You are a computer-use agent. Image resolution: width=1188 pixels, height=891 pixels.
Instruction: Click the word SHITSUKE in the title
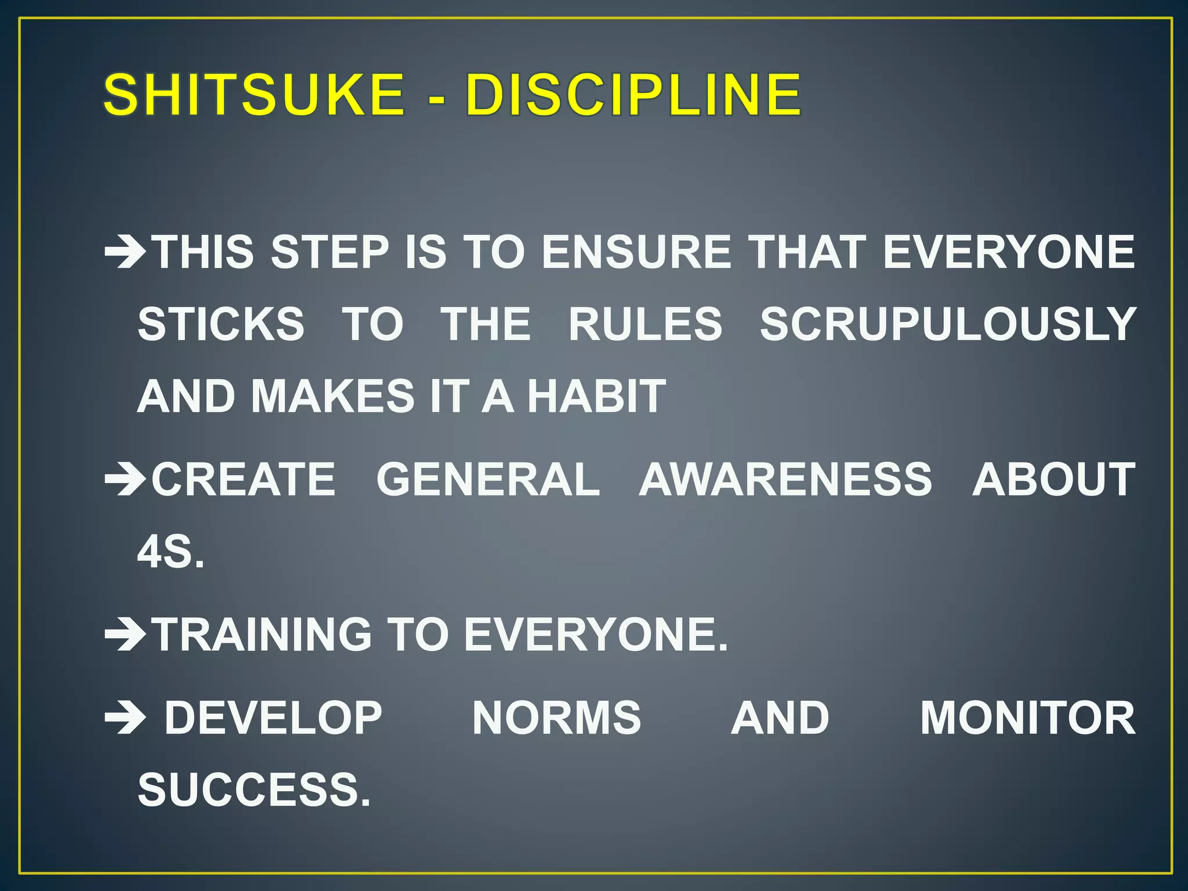(x=254, y=95)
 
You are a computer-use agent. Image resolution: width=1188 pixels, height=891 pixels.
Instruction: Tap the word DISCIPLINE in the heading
(x=633, y=95)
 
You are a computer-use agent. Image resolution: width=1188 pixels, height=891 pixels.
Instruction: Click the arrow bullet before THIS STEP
(x=125, y=253)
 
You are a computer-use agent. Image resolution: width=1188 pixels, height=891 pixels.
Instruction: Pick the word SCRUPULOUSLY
(x=948, y=324)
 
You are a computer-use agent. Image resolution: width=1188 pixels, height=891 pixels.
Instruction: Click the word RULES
(x=645, y=324)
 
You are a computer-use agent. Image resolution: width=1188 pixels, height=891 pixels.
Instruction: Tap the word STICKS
(x=221, y=324)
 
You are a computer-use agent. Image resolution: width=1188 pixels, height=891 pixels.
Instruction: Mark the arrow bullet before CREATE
(x=125, y=480)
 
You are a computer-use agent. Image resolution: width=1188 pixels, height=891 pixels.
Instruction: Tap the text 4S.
(x=171, y=552)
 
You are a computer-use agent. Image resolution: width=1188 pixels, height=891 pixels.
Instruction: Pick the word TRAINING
(x=262, y=635)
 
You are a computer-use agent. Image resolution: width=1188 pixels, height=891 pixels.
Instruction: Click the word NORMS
(x=556, y=718)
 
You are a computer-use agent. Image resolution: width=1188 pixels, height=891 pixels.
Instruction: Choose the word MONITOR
(x=1027, y=718)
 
